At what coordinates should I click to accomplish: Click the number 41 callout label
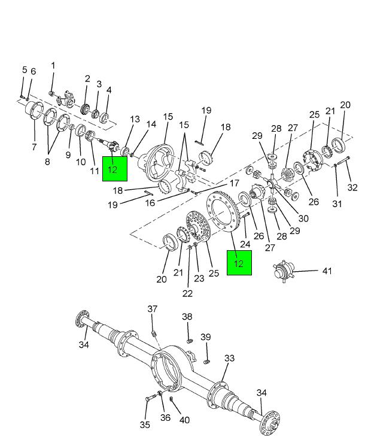point(326,271)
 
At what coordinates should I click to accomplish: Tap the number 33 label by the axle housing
point(230,359)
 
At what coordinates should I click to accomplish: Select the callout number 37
point(153,309)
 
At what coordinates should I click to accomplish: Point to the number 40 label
point(184,420)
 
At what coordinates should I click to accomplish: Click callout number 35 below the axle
point(145,425)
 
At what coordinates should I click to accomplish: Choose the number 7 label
point(34,146)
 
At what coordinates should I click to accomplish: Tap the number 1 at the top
point(53,66)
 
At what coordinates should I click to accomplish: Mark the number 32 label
point(352,187)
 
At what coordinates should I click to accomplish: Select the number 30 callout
point(303,219)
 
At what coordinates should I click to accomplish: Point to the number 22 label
point(187,293)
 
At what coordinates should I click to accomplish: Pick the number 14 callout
point(151,125)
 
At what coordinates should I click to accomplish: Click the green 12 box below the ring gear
point(239,263)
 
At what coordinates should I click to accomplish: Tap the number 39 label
point(205,337)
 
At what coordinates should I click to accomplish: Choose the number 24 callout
point(245,244)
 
